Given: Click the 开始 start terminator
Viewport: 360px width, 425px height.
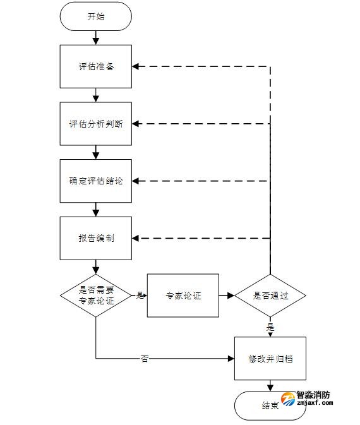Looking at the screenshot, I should [x=96, y=17].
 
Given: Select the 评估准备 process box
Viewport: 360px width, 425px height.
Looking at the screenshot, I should [x=96, y=67].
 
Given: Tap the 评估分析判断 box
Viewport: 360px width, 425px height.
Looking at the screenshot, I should [x=96, y=124].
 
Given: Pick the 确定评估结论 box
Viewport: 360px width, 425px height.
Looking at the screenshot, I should [x=96, y=181].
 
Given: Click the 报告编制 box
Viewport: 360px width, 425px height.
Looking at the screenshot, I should [x=96, y=238].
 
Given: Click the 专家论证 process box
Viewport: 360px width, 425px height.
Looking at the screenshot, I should [x=183, y=296].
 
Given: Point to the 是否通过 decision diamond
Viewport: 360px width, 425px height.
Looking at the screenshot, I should [x=270, y=296].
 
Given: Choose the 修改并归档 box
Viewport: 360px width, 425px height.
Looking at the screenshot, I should [x=270, y=358].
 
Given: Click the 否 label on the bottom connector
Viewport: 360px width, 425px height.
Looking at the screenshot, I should [x=145, y=359].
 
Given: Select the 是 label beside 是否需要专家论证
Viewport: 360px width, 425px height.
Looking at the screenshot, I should [x=140, y=295].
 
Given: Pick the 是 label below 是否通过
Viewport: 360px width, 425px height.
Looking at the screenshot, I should [x=270, y=327].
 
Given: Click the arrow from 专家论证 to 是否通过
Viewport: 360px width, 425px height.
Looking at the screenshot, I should [x=227, y=296].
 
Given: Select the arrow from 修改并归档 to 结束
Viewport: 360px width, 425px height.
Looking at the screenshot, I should [x=270, y=386].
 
